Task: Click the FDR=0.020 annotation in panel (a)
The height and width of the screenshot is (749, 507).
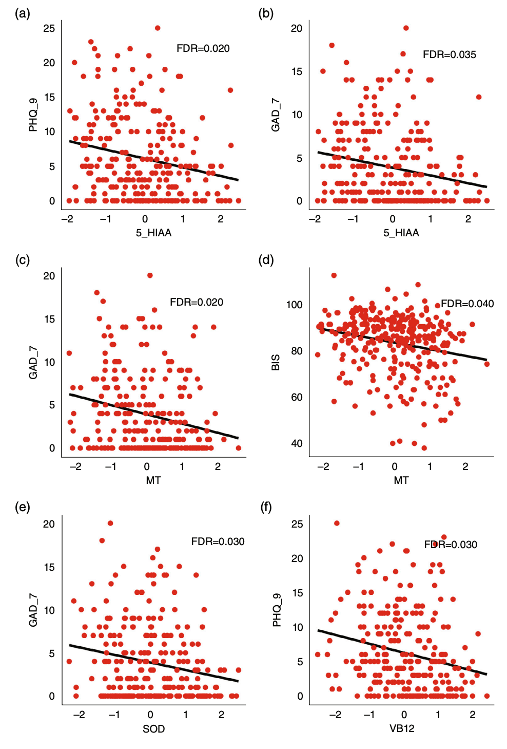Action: point(203,48)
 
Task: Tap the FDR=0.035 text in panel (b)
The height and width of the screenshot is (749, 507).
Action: point(449,54)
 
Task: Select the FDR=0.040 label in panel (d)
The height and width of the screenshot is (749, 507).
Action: point(467,304)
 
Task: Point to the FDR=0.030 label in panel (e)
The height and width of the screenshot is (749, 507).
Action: point(218,541)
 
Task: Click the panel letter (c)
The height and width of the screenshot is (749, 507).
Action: point(22,260)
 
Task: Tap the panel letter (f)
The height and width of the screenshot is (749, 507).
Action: point(266,508)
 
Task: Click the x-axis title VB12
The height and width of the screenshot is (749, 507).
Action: point(401,728)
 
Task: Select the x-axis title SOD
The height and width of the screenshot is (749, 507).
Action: point(153,728)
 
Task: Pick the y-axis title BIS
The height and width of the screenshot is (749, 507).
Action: point(276,362)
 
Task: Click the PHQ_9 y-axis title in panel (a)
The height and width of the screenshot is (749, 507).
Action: point(33,115)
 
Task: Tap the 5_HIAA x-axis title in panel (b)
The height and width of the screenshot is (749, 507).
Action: point(401,233)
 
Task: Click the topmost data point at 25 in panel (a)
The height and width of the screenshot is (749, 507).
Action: point(158,28)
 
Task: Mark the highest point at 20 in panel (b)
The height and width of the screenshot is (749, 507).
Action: point(406,28)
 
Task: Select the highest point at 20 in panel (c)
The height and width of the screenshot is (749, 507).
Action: point(150,275)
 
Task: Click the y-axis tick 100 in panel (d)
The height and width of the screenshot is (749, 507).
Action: point(294,305)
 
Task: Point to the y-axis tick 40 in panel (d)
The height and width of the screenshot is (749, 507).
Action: point(297,443)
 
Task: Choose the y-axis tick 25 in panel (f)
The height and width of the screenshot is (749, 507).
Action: point(297,524)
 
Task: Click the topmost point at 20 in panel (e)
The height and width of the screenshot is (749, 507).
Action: point(110,523)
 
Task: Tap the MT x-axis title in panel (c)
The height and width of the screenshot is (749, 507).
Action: point(153,480)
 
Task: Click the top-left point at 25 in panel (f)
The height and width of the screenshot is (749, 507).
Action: point(337,523)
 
